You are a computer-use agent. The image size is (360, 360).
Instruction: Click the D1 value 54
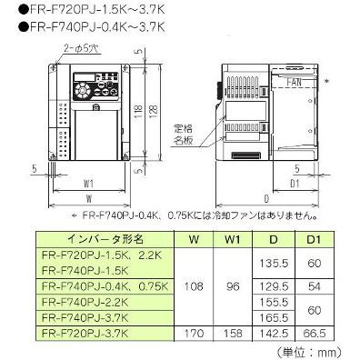[x=308, y=285]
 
